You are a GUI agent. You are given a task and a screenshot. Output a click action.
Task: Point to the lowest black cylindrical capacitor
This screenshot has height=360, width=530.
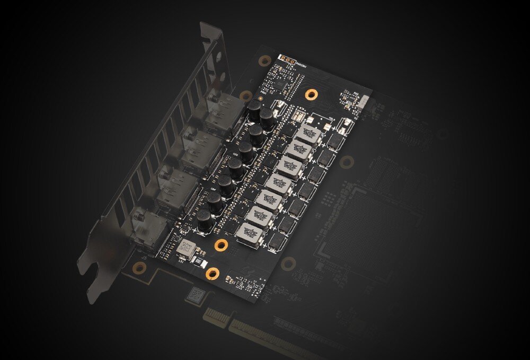[205, 219]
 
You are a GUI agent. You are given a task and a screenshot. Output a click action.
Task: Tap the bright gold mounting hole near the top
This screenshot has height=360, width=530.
[311, 94]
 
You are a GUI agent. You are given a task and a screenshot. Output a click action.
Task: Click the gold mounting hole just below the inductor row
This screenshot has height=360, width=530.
[221, 245]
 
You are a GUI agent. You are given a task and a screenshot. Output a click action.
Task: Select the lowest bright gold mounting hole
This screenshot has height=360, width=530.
[212, 274]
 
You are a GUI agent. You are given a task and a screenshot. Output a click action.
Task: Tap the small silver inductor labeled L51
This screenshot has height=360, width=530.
[185, 247]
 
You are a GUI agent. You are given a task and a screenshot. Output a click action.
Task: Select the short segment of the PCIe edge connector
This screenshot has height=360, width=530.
[217, 317]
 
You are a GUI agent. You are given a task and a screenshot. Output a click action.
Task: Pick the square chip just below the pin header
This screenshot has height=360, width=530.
[279, 84]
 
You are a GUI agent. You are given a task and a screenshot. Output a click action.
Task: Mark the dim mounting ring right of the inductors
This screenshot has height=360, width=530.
[347, 161]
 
